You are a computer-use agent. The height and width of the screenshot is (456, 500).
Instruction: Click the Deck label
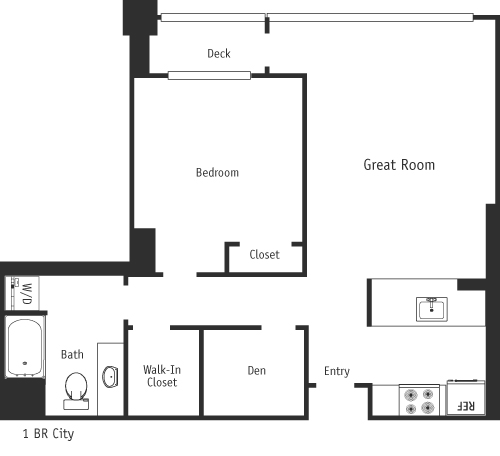(219, 53)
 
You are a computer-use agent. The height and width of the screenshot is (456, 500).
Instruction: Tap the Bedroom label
(217, 172)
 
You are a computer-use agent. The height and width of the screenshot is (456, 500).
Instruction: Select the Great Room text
(398, 165)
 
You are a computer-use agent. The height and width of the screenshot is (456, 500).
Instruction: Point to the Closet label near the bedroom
(265, 255)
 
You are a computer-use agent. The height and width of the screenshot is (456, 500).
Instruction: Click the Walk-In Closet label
(162, 375)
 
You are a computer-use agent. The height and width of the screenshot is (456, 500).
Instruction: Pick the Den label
(256, 371)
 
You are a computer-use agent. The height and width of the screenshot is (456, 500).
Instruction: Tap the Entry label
(337, 372)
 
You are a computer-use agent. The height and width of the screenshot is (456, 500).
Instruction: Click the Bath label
(72, 354)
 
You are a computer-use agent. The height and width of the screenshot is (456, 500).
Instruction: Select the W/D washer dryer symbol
(21, 294)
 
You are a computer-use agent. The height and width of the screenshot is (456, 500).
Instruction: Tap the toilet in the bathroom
(76, 387)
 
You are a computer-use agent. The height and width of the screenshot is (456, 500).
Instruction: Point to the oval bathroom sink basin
(109, 377)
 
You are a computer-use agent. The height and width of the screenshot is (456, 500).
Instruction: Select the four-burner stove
(419, 400)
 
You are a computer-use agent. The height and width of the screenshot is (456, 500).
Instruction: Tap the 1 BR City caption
(48, 435)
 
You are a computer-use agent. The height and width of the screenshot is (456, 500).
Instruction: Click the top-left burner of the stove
(409, 393)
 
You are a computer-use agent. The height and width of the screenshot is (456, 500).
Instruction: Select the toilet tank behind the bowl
(76, 404)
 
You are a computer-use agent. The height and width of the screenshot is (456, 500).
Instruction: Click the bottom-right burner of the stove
(429, 408)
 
